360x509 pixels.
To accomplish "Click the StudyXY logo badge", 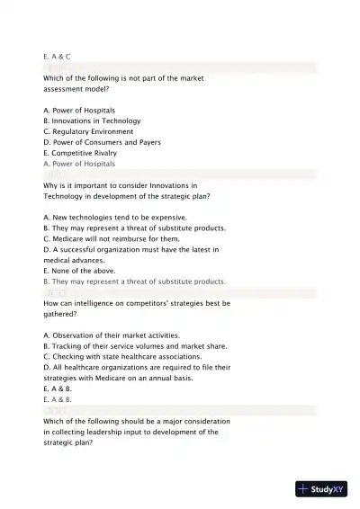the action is click(321, 489).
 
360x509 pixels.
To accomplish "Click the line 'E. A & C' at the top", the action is click(57, 57).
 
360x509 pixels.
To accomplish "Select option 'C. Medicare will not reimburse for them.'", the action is click(111, 239).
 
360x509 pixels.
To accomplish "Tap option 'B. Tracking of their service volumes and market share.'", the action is click(135, 345).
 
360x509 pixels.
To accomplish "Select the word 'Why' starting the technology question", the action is click(51, 185).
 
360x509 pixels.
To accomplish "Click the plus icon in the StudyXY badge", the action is click(305, 489).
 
